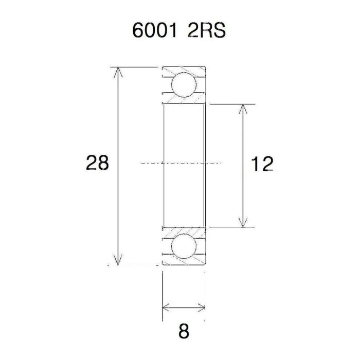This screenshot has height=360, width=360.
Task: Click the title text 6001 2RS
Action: [x=179, y=31]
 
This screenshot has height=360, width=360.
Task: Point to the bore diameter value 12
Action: [x=261, y=164]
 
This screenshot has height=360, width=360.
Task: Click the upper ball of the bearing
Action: [x=184, y=85]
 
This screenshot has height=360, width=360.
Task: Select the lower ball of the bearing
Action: [x=184, y=246]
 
